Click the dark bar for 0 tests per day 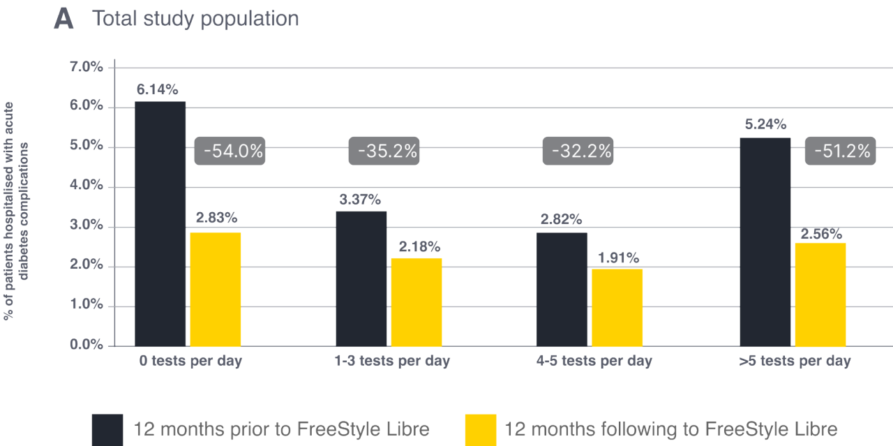pos(160,223)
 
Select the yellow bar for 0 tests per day pos(215,288)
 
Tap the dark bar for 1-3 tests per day pos(361,278)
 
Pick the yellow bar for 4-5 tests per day pos(617,307)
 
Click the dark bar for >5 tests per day pos(765,241)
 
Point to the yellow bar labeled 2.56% pos(820,294)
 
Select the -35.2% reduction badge pos(384,151)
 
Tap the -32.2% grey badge pos(578,151)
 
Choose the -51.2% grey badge pos(839,151)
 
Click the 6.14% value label pos(157,89)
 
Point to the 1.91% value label pos(617,258)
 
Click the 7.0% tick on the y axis pos(87,67)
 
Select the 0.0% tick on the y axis pos(87,345)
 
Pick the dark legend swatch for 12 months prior pos(108,429)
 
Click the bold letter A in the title pos(63,19)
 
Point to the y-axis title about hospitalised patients pos(18,209)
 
